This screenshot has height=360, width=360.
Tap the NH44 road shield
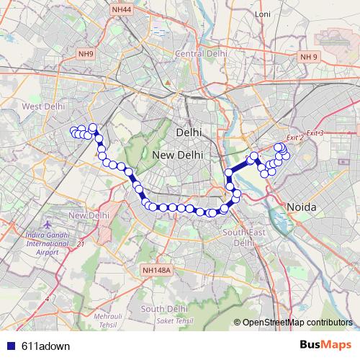click(122, 10)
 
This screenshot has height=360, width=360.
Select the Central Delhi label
click(202, 53)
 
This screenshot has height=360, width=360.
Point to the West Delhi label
click(43, 107)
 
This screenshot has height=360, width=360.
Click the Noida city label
click(301, 207)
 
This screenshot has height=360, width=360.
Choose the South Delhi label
click(164, 309)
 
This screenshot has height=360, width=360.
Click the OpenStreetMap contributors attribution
click(295, 323)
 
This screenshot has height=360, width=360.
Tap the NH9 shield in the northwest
click(86, 53)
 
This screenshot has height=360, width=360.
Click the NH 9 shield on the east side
click(309, 56)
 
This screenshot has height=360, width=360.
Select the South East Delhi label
click(239, 238)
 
